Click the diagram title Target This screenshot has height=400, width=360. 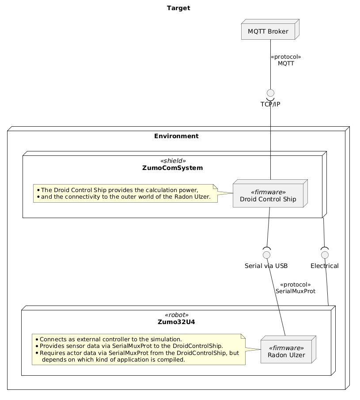pos(178,8)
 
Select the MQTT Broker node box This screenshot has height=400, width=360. pos(270,29)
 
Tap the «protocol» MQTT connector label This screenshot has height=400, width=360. pos(286,60)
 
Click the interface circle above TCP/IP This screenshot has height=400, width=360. pos(270,93)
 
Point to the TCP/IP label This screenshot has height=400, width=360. pos(270,104)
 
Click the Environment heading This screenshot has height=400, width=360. pos(176,136)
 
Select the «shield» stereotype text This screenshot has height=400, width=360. pos(173,161)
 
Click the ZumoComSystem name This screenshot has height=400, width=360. pos(172,168)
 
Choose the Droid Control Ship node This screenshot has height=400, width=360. pos(270,193)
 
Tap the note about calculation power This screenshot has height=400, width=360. pos(125,193)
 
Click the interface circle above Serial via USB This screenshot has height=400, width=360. pos(267,255)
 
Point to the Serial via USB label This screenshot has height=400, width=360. pos(266,266)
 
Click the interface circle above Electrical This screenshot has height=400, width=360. pos(325,255)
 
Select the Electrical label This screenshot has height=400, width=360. pos(325,266)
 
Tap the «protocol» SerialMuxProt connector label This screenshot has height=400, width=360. pos(296,288)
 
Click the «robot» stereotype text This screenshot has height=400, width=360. pos(177,315)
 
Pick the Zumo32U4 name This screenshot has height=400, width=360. pos(176,322)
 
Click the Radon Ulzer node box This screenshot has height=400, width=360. pos(288,350)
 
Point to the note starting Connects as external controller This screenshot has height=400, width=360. pos(139,350)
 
